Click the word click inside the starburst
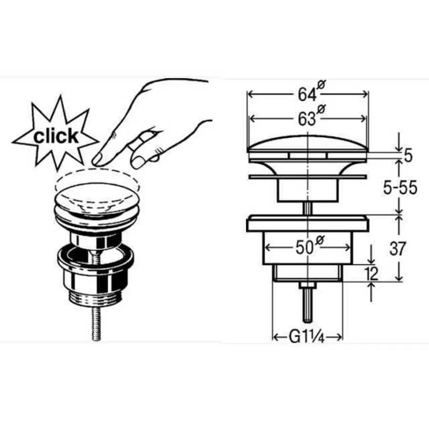coord(56,136)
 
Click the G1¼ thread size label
coord(306,337)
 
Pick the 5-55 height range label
coord(400,188)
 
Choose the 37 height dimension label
coord(397,248)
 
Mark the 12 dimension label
coord(371,273)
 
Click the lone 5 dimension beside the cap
coord(408,156)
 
